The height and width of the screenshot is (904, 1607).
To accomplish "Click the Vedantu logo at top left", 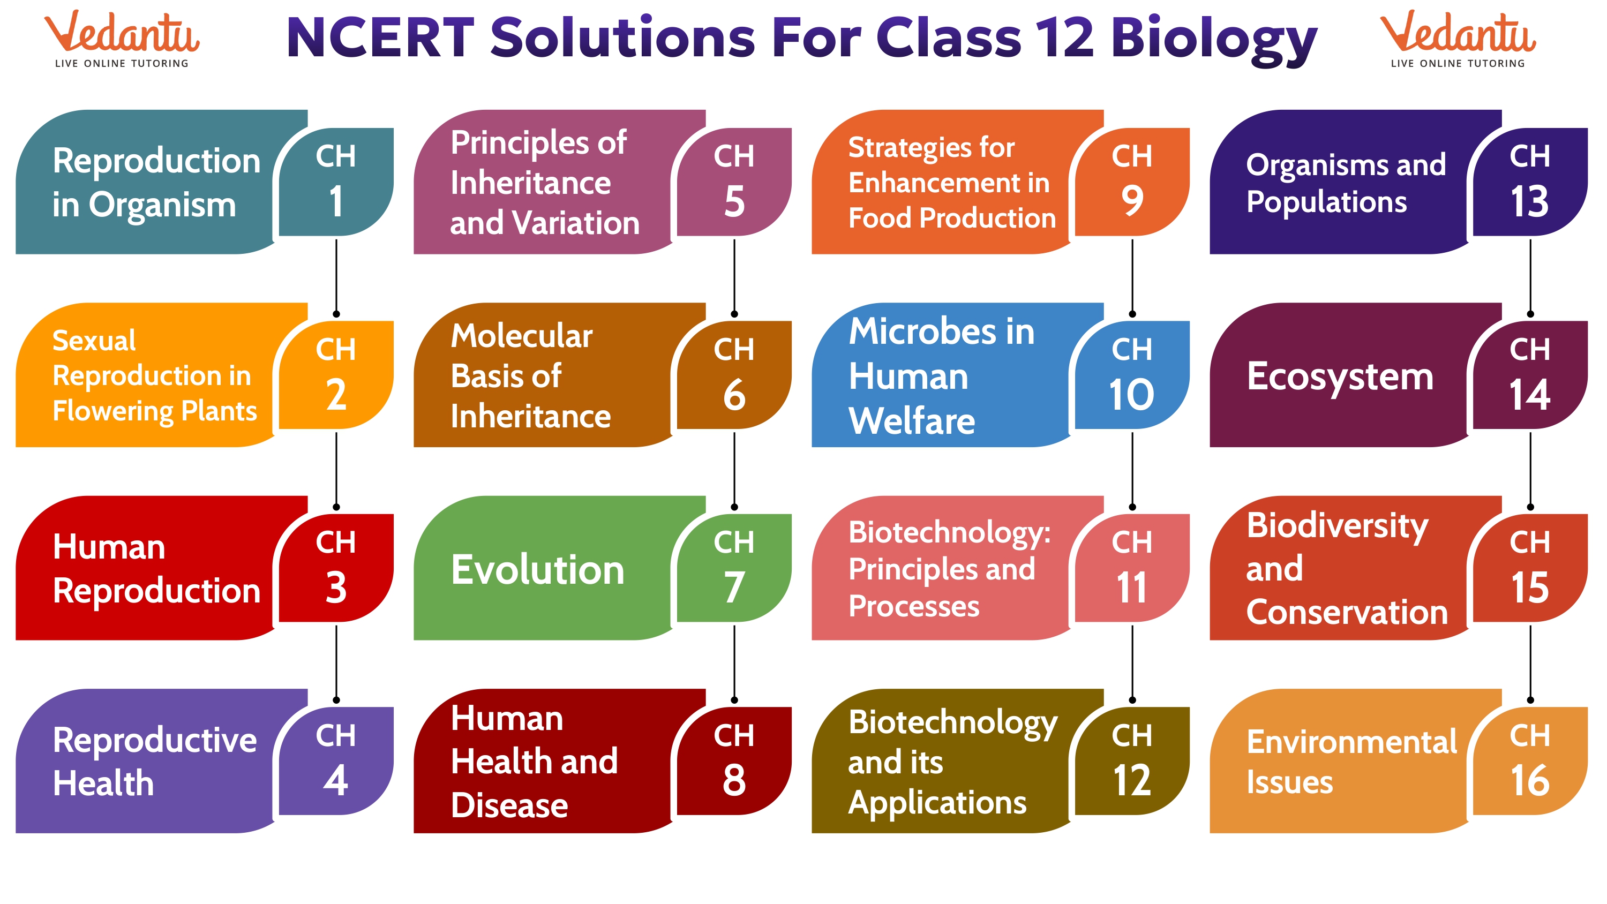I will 122,39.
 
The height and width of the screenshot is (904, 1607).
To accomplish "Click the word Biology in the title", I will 1213,39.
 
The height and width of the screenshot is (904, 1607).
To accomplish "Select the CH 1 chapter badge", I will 336,181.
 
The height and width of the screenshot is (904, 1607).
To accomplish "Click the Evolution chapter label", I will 537,570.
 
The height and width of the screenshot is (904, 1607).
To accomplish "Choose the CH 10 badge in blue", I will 1132,374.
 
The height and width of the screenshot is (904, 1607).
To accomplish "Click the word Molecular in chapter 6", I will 522,336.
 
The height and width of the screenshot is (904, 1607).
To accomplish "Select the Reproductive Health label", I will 154,761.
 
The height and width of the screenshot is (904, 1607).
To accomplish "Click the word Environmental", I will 1351,742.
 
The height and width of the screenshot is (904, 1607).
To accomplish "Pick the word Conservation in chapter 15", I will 1346,613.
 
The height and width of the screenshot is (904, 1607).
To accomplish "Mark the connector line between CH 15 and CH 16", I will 1530,663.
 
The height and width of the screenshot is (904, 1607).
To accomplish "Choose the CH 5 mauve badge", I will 734,181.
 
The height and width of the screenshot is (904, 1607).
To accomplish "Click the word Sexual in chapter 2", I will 94,341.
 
